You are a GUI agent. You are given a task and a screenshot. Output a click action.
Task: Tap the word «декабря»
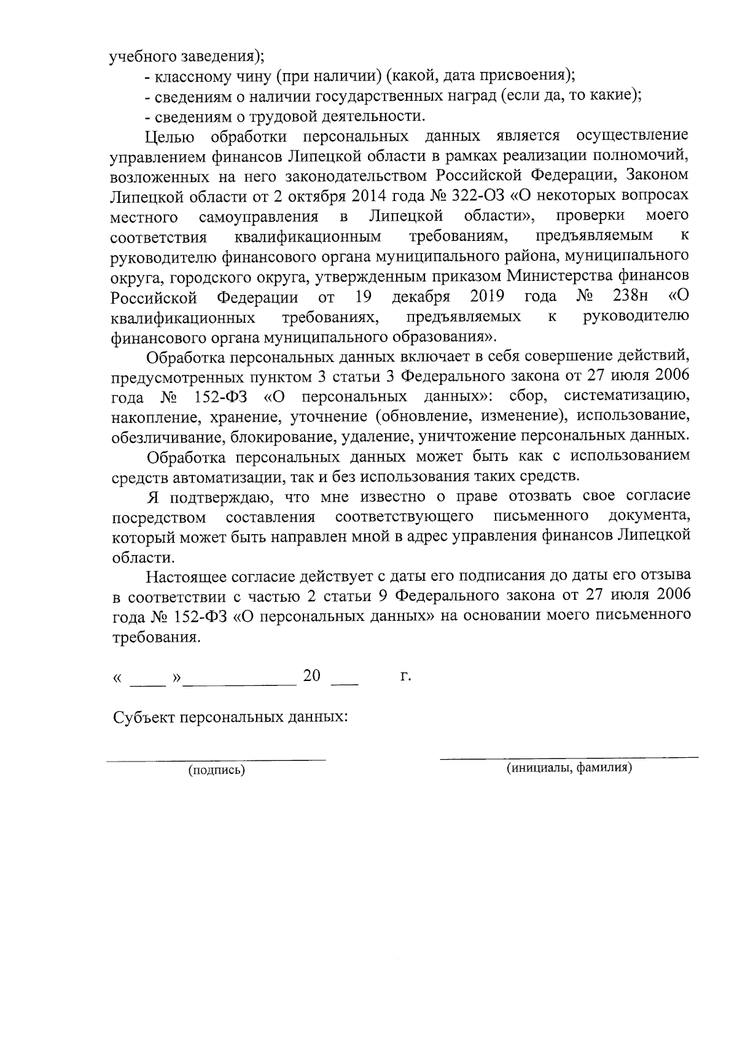421,297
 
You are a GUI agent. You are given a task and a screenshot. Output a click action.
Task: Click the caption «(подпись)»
217,769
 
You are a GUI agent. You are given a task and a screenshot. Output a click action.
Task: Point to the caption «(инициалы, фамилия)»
569,768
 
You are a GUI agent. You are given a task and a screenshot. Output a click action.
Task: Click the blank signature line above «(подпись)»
217,760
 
